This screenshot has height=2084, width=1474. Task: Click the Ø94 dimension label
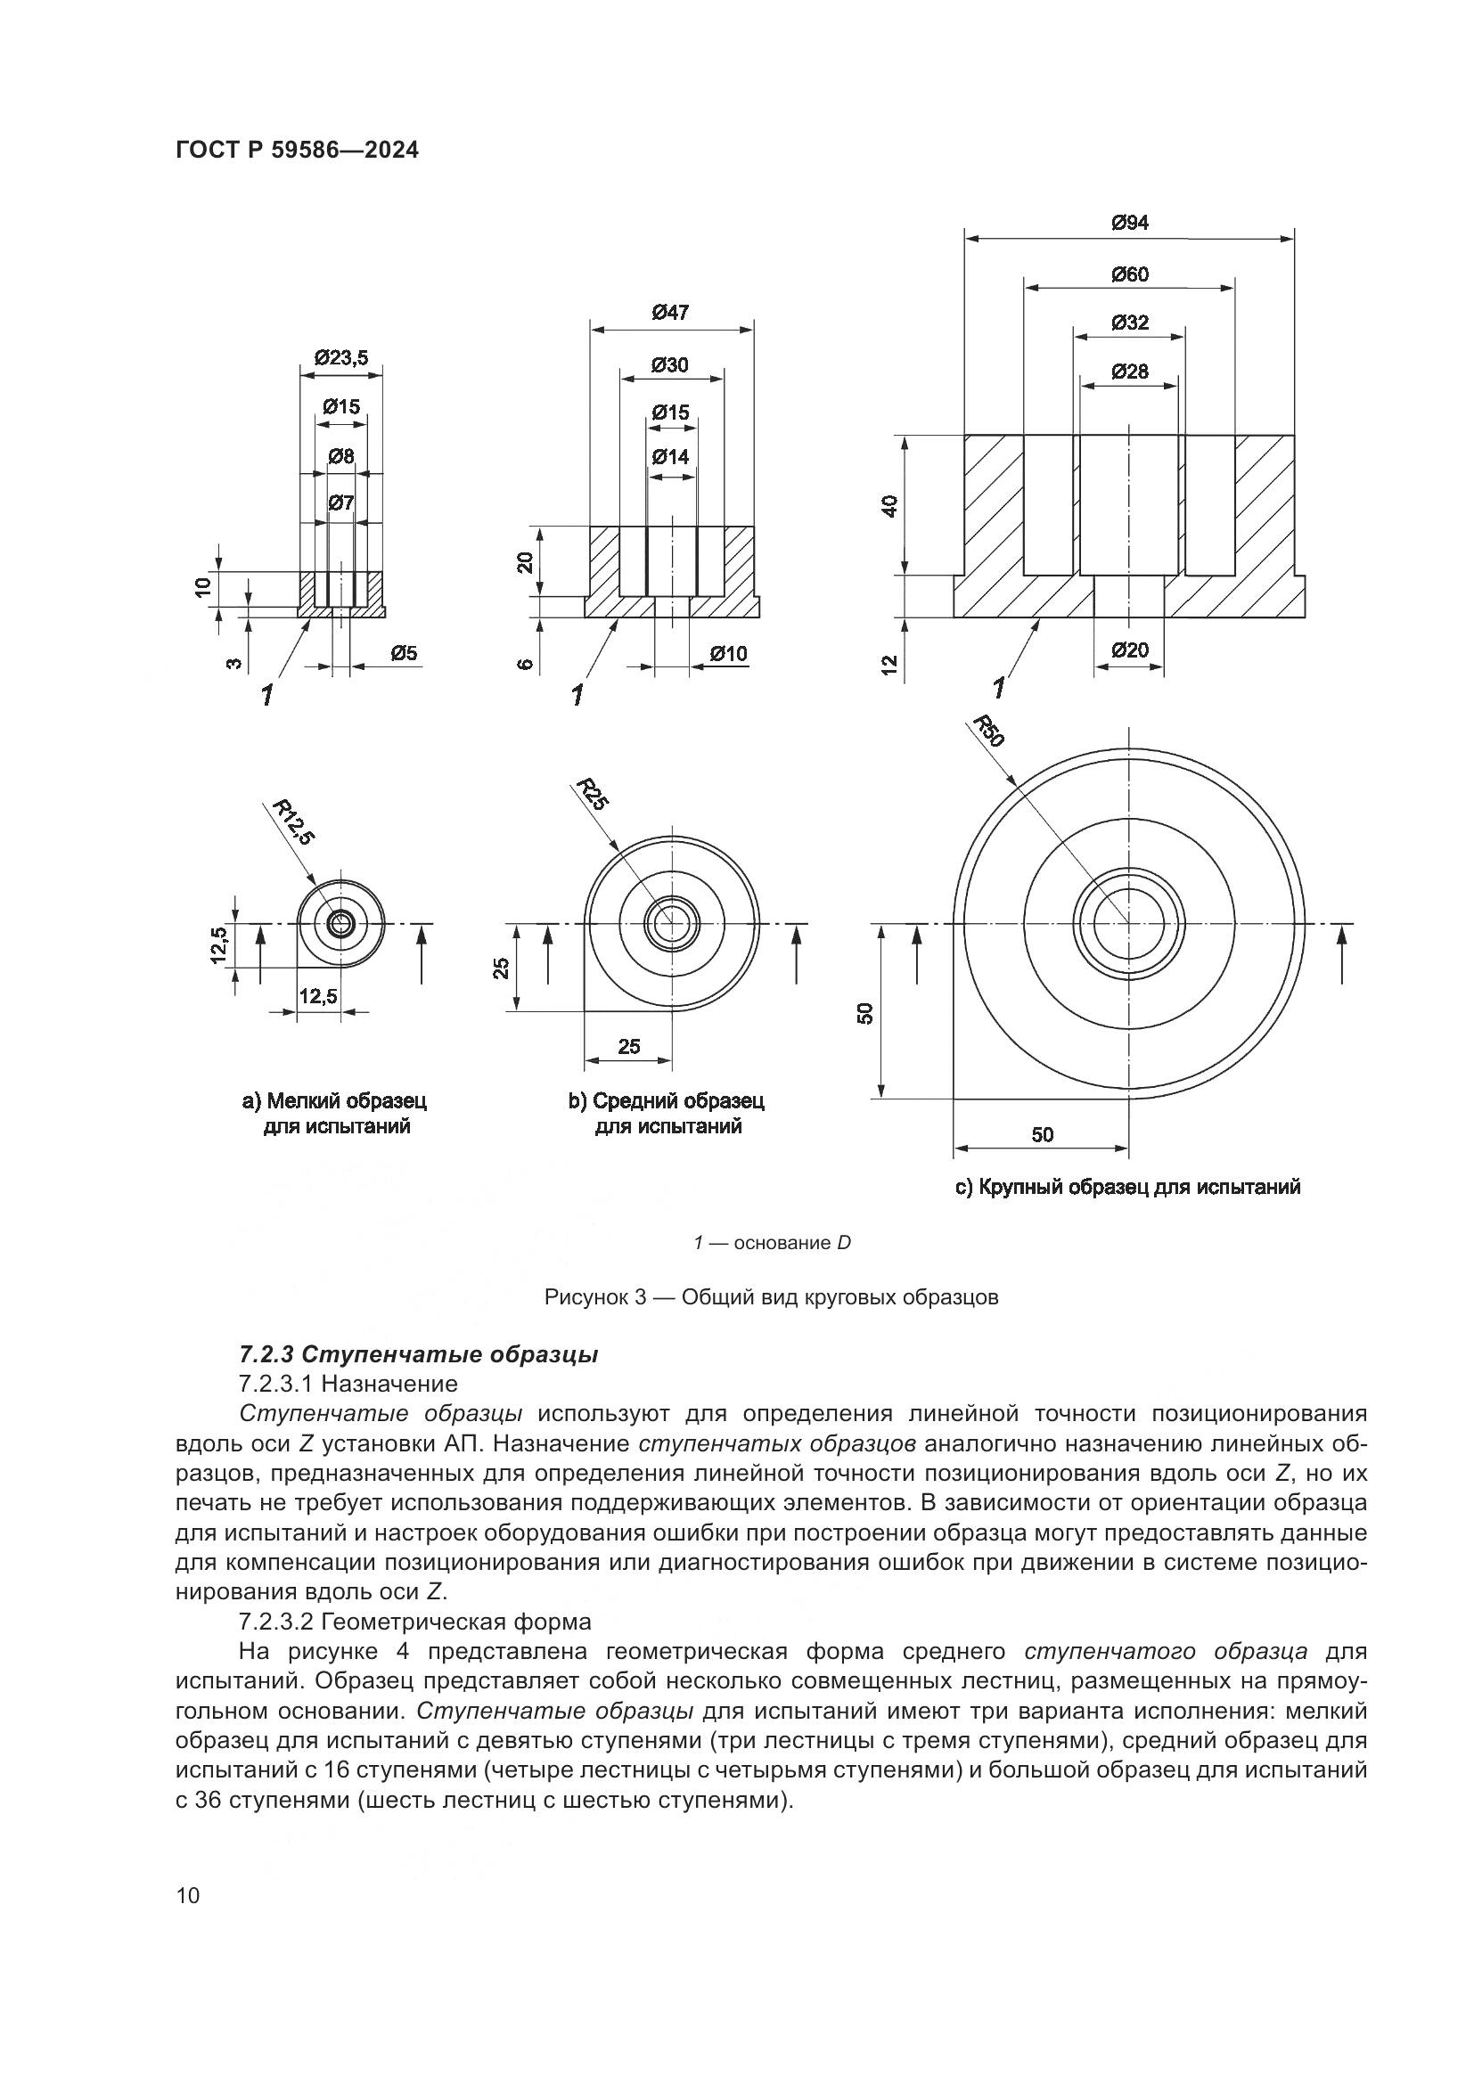click(x=1129, y=223)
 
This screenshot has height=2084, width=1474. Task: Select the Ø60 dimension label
click(x=1129, y=274)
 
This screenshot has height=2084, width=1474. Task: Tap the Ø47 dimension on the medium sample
click(x=671, y=312)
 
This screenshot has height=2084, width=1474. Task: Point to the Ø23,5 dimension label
click(x=341, y=357)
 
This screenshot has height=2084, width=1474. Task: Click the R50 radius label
click(x=988, y=731)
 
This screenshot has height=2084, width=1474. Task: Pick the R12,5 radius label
click(x=296, y=821)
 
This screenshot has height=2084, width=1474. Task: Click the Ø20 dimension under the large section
click(x=1129, y=650)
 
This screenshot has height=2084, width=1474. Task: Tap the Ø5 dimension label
click(x=404, y=652)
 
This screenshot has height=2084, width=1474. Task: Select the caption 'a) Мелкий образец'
click(x=334, y=1101)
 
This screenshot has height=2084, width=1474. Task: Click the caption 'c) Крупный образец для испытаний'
click(x=1128, y=1187)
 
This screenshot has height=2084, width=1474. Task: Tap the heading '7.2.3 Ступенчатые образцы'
click(x=419, y=1355)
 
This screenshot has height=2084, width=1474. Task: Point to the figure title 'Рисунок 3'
click(x=771, y=1297)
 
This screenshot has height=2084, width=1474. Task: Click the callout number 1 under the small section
click(x=266, y=695)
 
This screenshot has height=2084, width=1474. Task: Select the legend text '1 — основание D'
click(x=772, y=1243)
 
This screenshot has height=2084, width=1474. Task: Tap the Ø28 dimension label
click(x=1129, y=372)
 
